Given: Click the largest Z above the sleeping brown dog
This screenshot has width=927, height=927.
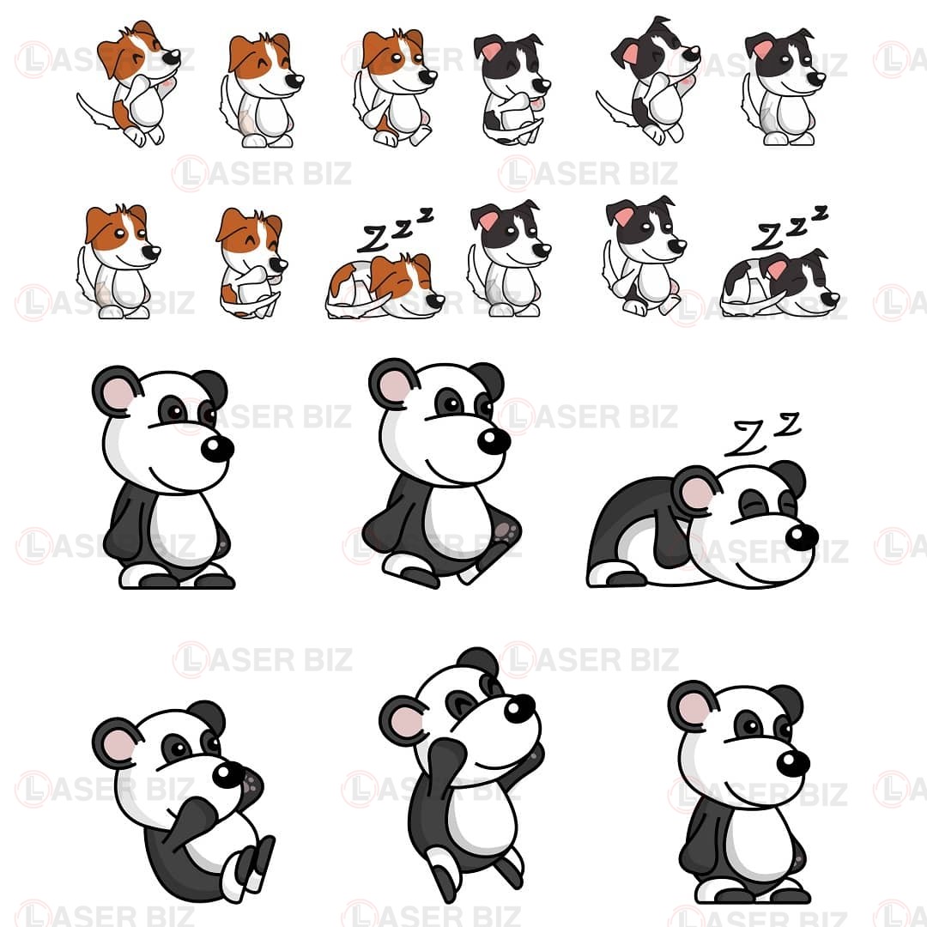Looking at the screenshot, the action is click(x=375, y=238).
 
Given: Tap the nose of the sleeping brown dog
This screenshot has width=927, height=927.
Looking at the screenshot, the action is click(x=436, y=300).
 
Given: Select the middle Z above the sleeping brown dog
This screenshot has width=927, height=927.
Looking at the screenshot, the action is click(x=403, y=227).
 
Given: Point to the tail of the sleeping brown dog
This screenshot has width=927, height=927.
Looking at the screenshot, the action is click(x=358, y=306).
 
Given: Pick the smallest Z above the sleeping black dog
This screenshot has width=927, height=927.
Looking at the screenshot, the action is click(x=820, y=212).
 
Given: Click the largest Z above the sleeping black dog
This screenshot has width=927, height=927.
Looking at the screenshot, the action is click(x=766, y=236).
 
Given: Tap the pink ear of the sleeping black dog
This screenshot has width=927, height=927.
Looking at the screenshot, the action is click(x=776, y=269).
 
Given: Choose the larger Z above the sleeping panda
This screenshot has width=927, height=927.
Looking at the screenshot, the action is click(x=745, y=439).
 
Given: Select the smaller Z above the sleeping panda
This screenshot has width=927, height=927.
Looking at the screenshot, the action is click(x=788, y=424).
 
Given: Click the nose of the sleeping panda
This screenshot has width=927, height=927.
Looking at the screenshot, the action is click(x=802, y=536).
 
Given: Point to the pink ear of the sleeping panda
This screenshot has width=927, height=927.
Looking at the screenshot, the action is click(x=696, y=492).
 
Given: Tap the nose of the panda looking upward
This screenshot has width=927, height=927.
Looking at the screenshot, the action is click(x=519, y=707).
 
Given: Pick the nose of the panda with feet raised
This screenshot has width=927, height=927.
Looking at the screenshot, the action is click(x=228, y=774).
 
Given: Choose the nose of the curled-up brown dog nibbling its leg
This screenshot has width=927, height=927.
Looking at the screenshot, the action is click(x=278, y=264).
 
